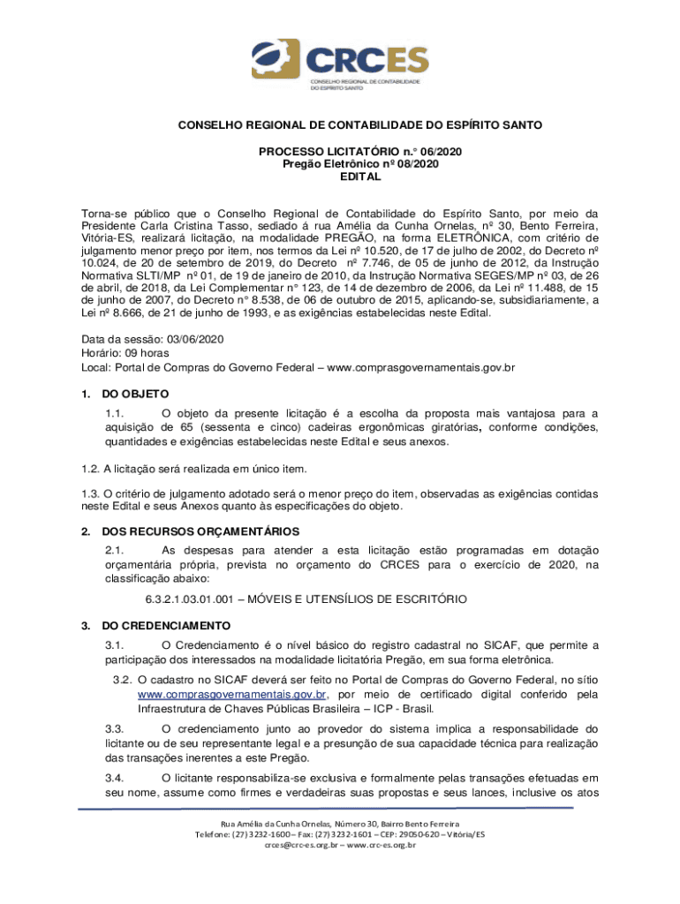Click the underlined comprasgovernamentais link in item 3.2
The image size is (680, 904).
[232, 695]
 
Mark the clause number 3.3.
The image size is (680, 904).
[113, 729]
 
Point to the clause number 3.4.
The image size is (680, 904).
[113, 778]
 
